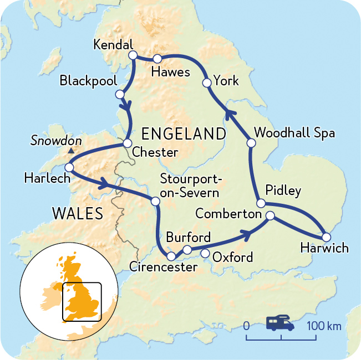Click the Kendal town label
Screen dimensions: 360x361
point(114,45)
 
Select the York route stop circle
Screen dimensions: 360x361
point(207,83)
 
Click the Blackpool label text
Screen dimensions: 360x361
point(89,81)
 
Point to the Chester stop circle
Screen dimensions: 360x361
point(126,145)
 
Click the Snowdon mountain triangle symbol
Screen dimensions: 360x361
point(70,151)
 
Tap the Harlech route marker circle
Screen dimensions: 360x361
point(70,167)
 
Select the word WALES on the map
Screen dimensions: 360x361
point(77,213)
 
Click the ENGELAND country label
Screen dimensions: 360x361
point(184,134)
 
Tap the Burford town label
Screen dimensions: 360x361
point(189,238)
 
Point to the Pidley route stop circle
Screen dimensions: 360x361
point(259,202)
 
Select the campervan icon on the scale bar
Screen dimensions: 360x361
point(280,323)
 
